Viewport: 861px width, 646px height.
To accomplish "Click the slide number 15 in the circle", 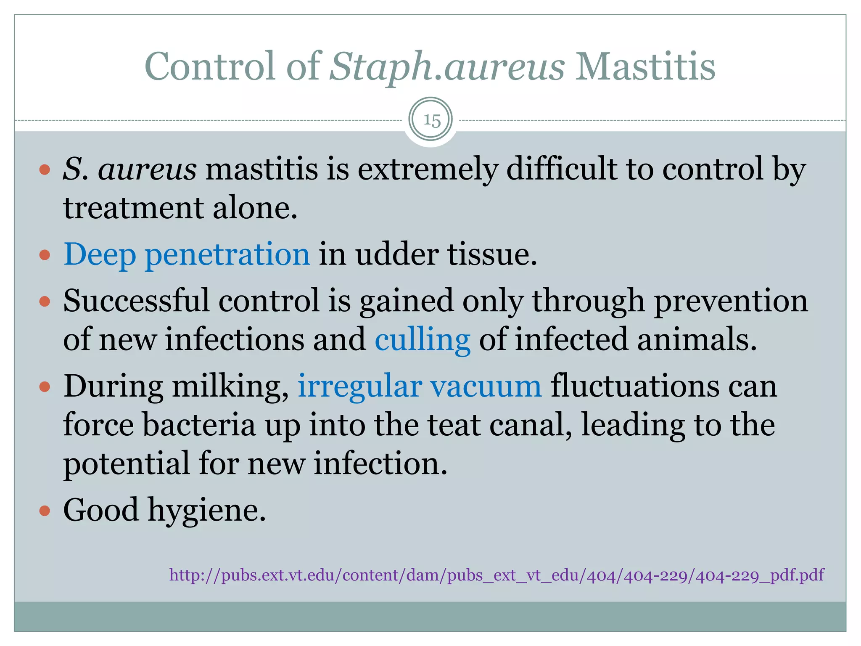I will tap(431, 120).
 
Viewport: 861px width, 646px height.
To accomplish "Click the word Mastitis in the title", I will tap(645, 66).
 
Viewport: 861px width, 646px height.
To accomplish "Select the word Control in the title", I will tap(210, 66).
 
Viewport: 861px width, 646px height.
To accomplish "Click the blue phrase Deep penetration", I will tap(187, 254).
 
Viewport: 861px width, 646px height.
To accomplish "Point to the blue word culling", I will tap(422, 339).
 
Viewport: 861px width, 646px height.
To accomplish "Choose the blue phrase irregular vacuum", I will tap(420, 386).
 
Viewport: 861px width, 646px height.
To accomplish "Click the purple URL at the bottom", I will tap(497, 575).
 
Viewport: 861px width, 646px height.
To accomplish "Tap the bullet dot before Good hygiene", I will tap(45, 511).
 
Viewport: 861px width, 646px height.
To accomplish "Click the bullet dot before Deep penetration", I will tap(45, 255).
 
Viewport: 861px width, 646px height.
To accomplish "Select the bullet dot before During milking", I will tap(45, 387).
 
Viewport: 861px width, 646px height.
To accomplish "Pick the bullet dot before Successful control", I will tap(45, 301).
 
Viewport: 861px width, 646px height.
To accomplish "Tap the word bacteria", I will tap(199, 425).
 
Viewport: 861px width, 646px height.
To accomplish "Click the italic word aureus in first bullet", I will tap(147, 169).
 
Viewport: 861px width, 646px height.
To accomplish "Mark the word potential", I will tap(126, 463).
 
